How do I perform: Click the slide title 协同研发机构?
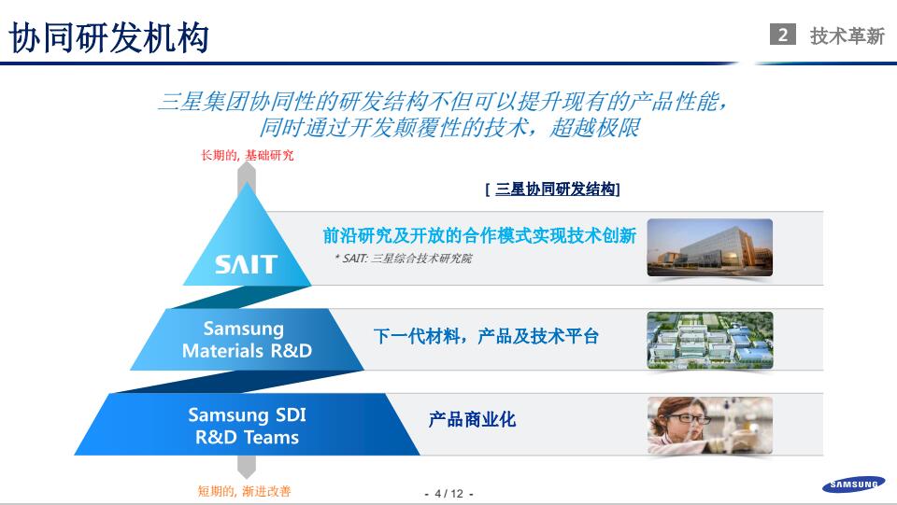(x=109, y=37)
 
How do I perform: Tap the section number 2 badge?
(x=783, y=35)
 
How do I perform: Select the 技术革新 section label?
(x=847, y=35)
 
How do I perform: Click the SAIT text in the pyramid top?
(x=247, y=264)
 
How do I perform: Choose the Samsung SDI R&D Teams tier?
(x=247, y=426)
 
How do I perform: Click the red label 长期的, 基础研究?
(x=247, y=155)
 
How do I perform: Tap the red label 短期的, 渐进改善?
(x=250, y=491)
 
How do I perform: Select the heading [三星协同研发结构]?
(x=553, y=189)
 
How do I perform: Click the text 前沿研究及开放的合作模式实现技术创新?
(x=479, y=236)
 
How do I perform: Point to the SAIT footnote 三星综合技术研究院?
(x=403, y=259)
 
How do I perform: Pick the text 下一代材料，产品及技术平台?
(x=486, y=337)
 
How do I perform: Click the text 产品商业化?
(x=472, y=420)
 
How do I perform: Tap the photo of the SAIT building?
(x=709, y=247)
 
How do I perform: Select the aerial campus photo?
(x=709, y=340)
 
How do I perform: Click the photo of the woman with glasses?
(x=709, y=425)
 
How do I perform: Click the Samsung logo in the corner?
(x=851, y=484)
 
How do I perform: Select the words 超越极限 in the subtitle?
(x=594, y=128)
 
